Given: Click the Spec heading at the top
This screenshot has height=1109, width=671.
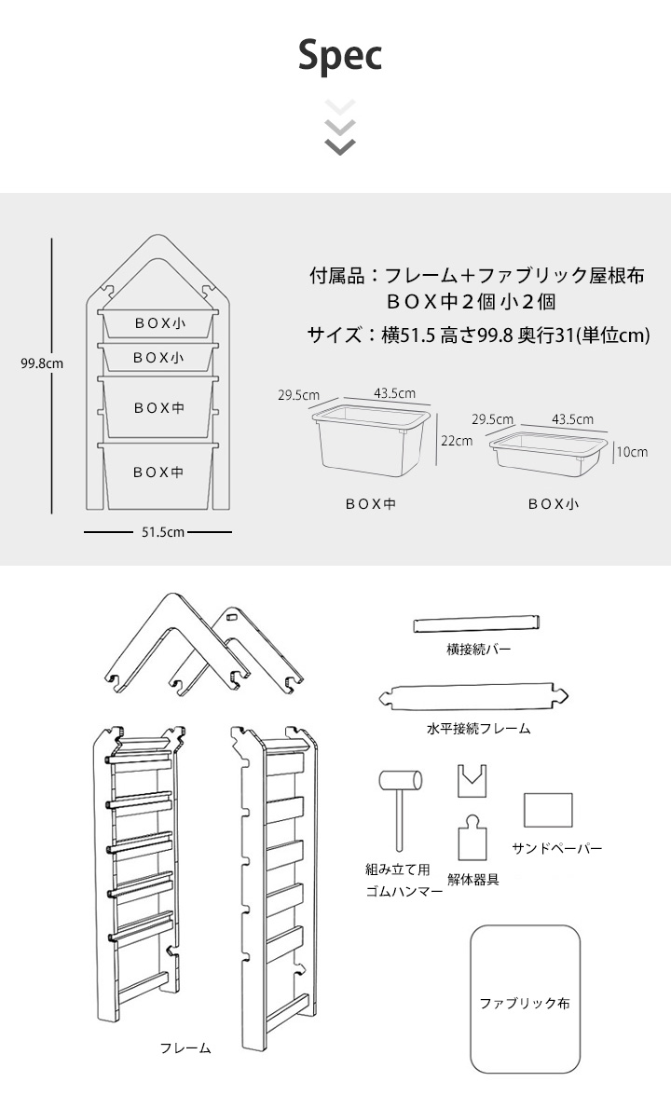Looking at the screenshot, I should pos(340,56).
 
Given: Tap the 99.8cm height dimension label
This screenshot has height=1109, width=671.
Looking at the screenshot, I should pos(42,363).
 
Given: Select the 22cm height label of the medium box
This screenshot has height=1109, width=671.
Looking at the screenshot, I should pos(457,441).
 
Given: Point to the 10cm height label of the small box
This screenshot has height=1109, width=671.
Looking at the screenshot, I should pos(631,452).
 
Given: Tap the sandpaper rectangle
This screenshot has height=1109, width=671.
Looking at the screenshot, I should pos(547,810).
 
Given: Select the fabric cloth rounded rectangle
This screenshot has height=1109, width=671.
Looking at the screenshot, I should pos(525,998).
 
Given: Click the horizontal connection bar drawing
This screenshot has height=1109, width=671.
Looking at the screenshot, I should pos(477,623).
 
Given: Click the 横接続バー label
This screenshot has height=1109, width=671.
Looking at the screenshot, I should pos(479,649).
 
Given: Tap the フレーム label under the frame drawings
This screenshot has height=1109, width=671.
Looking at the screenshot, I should pos(185,1047).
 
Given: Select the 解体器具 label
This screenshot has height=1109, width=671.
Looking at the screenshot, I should pos(473,879).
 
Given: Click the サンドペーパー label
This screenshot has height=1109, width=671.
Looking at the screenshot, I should pos(557,849).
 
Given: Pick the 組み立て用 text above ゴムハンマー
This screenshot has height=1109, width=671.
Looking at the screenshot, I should pos(397,869).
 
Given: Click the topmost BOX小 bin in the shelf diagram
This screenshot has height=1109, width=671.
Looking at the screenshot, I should pos(159,322).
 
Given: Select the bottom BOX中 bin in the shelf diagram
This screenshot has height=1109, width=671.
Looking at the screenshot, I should pos(158,472).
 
